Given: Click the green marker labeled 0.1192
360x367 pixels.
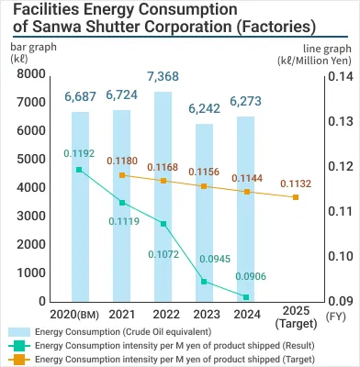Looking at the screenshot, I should [80, 170].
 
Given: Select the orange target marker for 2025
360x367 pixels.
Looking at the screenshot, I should [295, 197].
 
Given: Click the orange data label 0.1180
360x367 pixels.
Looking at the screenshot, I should [122, 161].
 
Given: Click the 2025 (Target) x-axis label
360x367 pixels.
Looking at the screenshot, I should [295, 317].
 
